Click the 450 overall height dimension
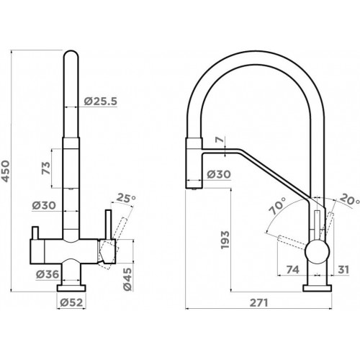(x=5, y=171)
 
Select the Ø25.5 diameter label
(x=101, y=102)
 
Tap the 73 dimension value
(x=46, y=168)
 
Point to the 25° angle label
(x=126, y=198)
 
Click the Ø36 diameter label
(x=48, y=274)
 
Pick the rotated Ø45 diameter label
(x=127, y=279)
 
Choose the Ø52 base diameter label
(x=71, y=302)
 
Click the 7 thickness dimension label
(x=220, y=140)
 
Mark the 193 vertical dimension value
(x=225, y=240)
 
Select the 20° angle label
(x=350, y=199)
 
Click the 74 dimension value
(x=293, y=269)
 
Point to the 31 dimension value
(x=343, y=269)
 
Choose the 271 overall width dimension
(x=258, y=303)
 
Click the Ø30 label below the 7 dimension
(x=219, y=174)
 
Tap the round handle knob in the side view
(x=317, y=252)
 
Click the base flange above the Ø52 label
(x=71, y=288)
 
